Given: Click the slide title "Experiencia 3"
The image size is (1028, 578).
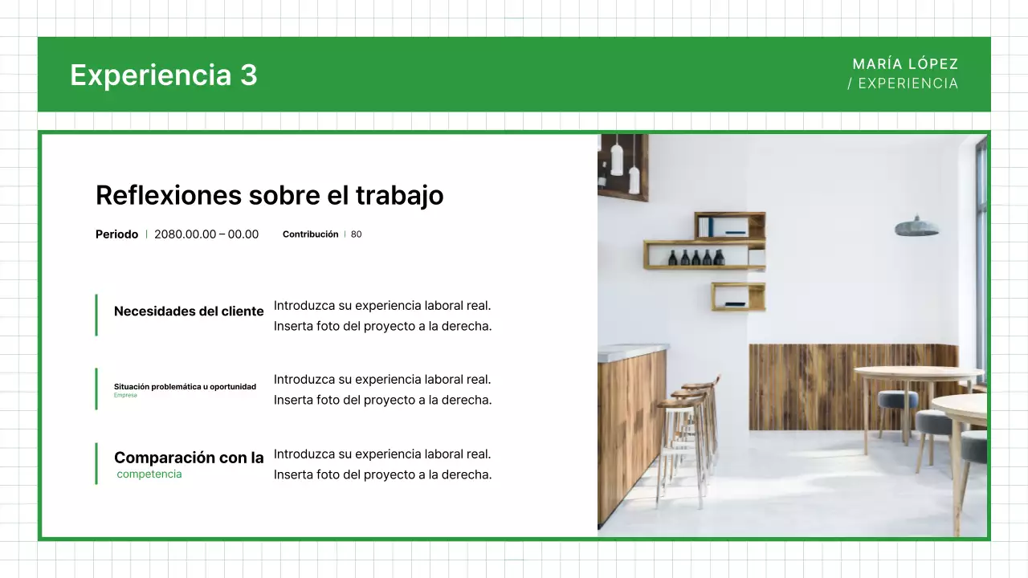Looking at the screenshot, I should [x=164, y=75].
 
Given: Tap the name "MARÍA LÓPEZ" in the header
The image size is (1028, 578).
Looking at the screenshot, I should [x=905, y=64].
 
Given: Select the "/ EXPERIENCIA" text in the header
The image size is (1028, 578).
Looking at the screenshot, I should [x=903, y=83].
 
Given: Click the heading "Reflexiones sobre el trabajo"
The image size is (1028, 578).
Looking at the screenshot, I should [x=269, y=195].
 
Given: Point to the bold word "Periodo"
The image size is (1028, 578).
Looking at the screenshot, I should [x=116, y=234].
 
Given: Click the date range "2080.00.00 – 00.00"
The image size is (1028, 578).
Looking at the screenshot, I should [x=206, y=234].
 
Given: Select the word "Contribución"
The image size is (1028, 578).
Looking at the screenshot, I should [x=310, y=234].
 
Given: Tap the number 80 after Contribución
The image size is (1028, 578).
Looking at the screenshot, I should [x=357, y=234].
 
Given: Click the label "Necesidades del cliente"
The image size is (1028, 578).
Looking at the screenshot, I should [x=189, y=311].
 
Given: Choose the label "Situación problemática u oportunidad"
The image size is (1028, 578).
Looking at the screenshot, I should [x=185, y=386].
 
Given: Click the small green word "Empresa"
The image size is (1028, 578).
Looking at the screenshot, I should [x=125, y=395].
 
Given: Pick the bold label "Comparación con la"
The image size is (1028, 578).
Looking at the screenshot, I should [x=189, y=458].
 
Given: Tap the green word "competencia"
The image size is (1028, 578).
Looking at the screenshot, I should [x=149, y=474].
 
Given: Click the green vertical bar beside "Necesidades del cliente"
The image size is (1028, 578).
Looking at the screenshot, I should [x=96, y=315].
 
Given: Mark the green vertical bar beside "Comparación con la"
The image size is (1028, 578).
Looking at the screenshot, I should [x=96, y=463].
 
